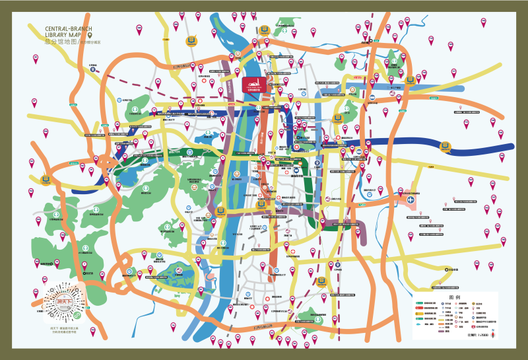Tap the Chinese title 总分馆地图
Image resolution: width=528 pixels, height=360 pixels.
coord(60,42)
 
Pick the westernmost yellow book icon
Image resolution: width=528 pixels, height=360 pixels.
coord(46,178)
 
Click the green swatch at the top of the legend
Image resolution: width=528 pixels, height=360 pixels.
coord(420,304)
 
